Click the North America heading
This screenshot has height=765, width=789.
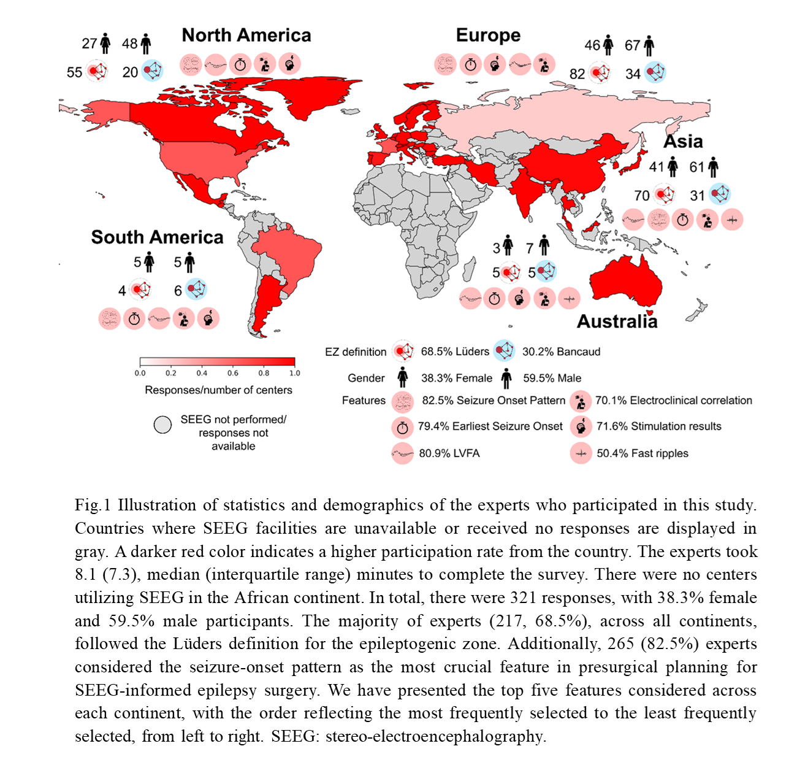pyautogui.click(x=246, y=36)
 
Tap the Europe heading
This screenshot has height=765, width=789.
pyautogui.click(x=488, y=36)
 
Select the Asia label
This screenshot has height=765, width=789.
pyautogui.click(x=683, y=142)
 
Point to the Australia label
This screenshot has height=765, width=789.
pyautogui.click(x=617, y=321)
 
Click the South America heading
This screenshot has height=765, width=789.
pyautogui.click(x=157, y=237)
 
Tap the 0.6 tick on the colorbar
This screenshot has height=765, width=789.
pyautogui.click(x=233, y=373)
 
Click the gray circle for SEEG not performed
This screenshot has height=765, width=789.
pyautogui.click(x=162, y=425)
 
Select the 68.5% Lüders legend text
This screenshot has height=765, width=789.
pyautogui.click(x=455, y=352)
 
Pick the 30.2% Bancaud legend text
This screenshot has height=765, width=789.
pyautogui.click(x=561, y=352)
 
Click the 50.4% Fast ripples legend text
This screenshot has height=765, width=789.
pyautogui.click(x=642, y=453)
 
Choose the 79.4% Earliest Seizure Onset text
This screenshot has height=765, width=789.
pyautogui.click(x=490, y=426)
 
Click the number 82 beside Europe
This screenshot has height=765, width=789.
pyautogui.click(x=577, y=74)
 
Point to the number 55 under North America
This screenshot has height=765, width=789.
pyautogui.click(x=74, y=72)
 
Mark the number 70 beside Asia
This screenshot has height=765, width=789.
pyautogui.click(x=641, y=196)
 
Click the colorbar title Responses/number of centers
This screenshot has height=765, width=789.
pyautogui.click(x=218, y=390)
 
